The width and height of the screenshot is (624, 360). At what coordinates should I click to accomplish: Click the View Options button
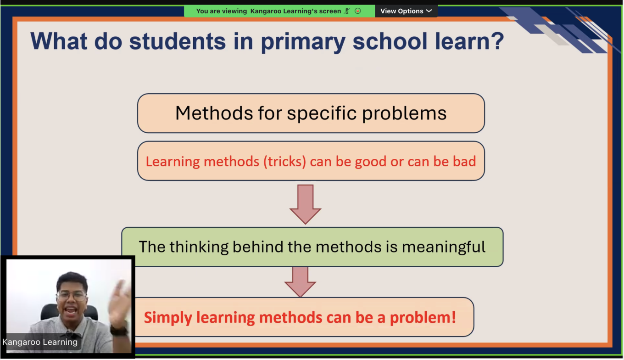[x=406, y=11]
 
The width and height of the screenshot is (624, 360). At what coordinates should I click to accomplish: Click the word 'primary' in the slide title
[x=303, y=42]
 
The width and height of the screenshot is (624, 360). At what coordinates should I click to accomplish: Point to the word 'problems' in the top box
[x=404, y=114]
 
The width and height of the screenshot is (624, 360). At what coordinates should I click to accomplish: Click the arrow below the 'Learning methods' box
[x=305, y=204]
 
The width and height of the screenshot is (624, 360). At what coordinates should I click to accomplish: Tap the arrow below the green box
[x=300, y=281]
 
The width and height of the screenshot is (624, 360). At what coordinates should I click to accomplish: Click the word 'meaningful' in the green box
[x=444, y=247]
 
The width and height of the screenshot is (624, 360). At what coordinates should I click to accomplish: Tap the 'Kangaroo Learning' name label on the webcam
[x=40, y=342]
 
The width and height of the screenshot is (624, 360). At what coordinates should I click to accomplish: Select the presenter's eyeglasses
[x=72, y=295]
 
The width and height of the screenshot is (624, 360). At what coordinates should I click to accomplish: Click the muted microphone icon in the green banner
[x=347, y=11]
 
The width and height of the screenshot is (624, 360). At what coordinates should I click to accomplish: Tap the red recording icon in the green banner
[x=358, y=11]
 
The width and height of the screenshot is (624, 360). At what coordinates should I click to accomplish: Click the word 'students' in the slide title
[x=178, y=41]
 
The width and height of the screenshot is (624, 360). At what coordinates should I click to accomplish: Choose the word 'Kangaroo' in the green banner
[x=266, y=11]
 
